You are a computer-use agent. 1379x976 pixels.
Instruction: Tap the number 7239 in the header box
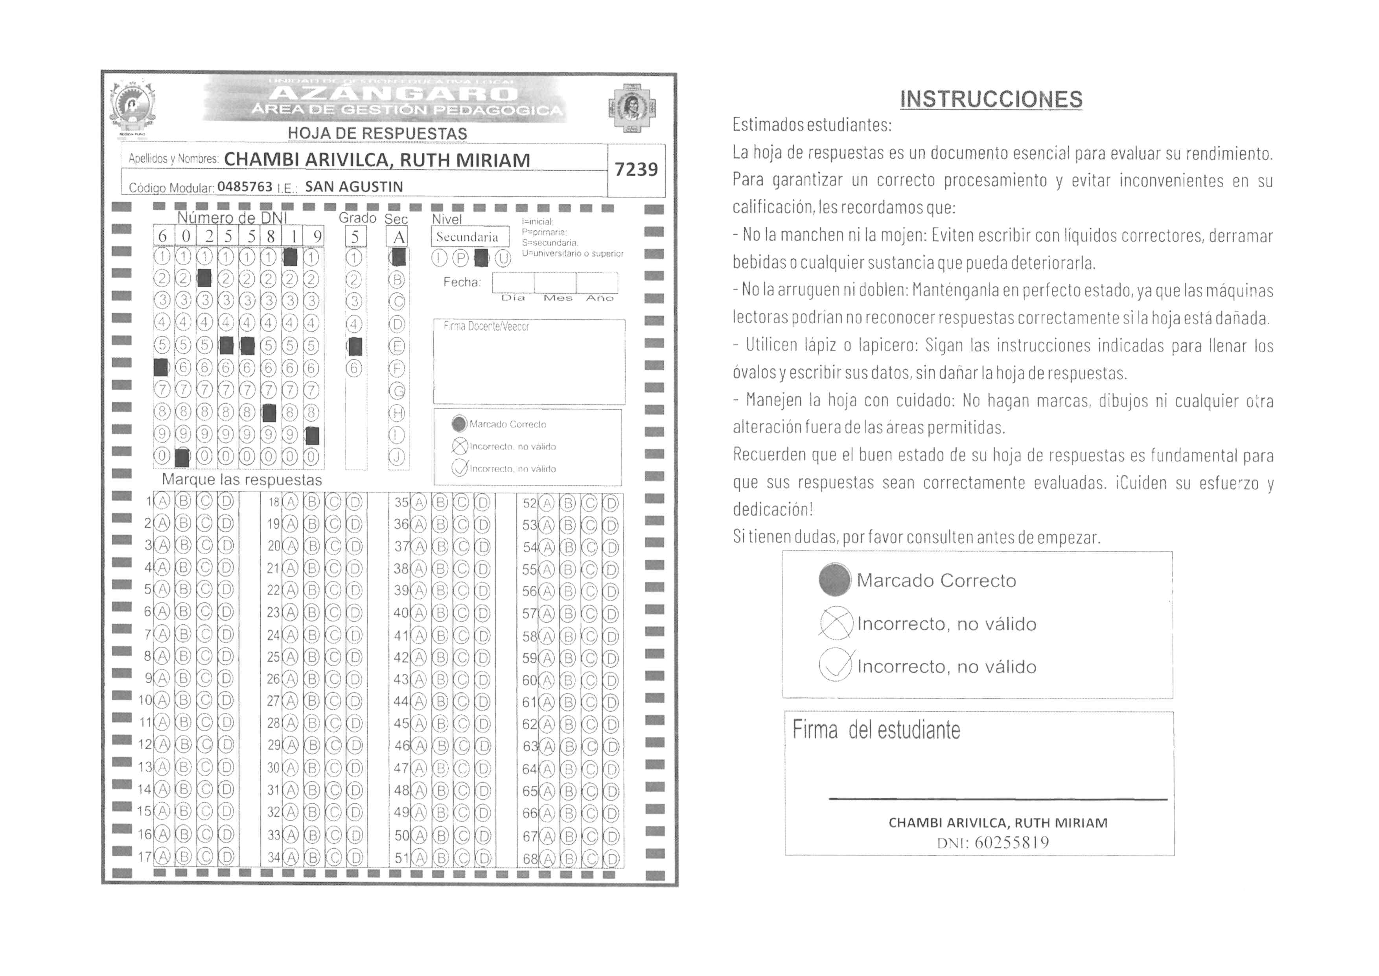[636, 170]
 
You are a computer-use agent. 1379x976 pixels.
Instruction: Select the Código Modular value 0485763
[245, 187]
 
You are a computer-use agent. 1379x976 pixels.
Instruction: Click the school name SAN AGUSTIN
[354, 187]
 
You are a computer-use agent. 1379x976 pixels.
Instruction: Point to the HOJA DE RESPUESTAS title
[377, 133]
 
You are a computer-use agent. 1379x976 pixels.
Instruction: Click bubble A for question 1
[162, 502]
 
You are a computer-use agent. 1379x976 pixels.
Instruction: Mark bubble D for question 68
[611, 859]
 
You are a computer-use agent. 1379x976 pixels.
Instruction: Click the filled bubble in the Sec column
[398, 257]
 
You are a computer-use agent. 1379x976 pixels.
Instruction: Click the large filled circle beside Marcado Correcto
[834, 580]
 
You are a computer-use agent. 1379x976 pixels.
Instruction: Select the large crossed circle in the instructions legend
[836, 623]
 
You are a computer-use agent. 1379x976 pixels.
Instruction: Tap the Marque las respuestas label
[242, 480]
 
